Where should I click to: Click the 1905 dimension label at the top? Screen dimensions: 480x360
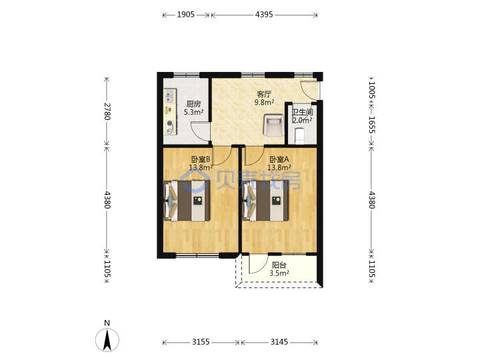[x=185, y=15]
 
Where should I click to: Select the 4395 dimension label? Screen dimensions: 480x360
[x=264, y=15]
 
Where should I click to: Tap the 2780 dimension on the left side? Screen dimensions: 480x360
[x=107, y=111]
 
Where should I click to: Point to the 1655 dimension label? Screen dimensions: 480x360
[x=371, y=125]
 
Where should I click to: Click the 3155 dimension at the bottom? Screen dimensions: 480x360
[x=201, y=341]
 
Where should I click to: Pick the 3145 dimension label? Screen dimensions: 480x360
[x=279, y=341]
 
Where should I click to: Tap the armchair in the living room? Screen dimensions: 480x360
[x=274, y=125]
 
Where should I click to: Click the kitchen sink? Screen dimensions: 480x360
[x=169, y=96]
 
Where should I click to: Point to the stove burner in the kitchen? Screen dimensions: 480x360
[x=169, y=124]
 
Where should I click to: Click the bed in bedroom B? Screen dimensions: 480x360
[x=187, y=201]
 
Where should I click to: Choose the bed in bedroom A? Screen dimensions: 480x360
[x=265, y=201]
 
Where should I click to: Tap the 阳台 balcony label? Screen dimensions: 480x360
[x=279, y=265]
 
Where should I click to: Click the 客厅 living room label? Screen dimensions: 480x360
[x=264, y=94]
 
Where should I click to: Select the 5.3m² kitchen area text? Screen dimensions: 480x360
[x=194, y=113]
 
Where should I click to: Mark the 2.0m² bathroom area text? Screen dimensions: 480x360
[x=302, y=120]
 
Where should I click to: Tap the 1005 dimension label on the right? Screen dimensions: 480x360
[x=371, y=90]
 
